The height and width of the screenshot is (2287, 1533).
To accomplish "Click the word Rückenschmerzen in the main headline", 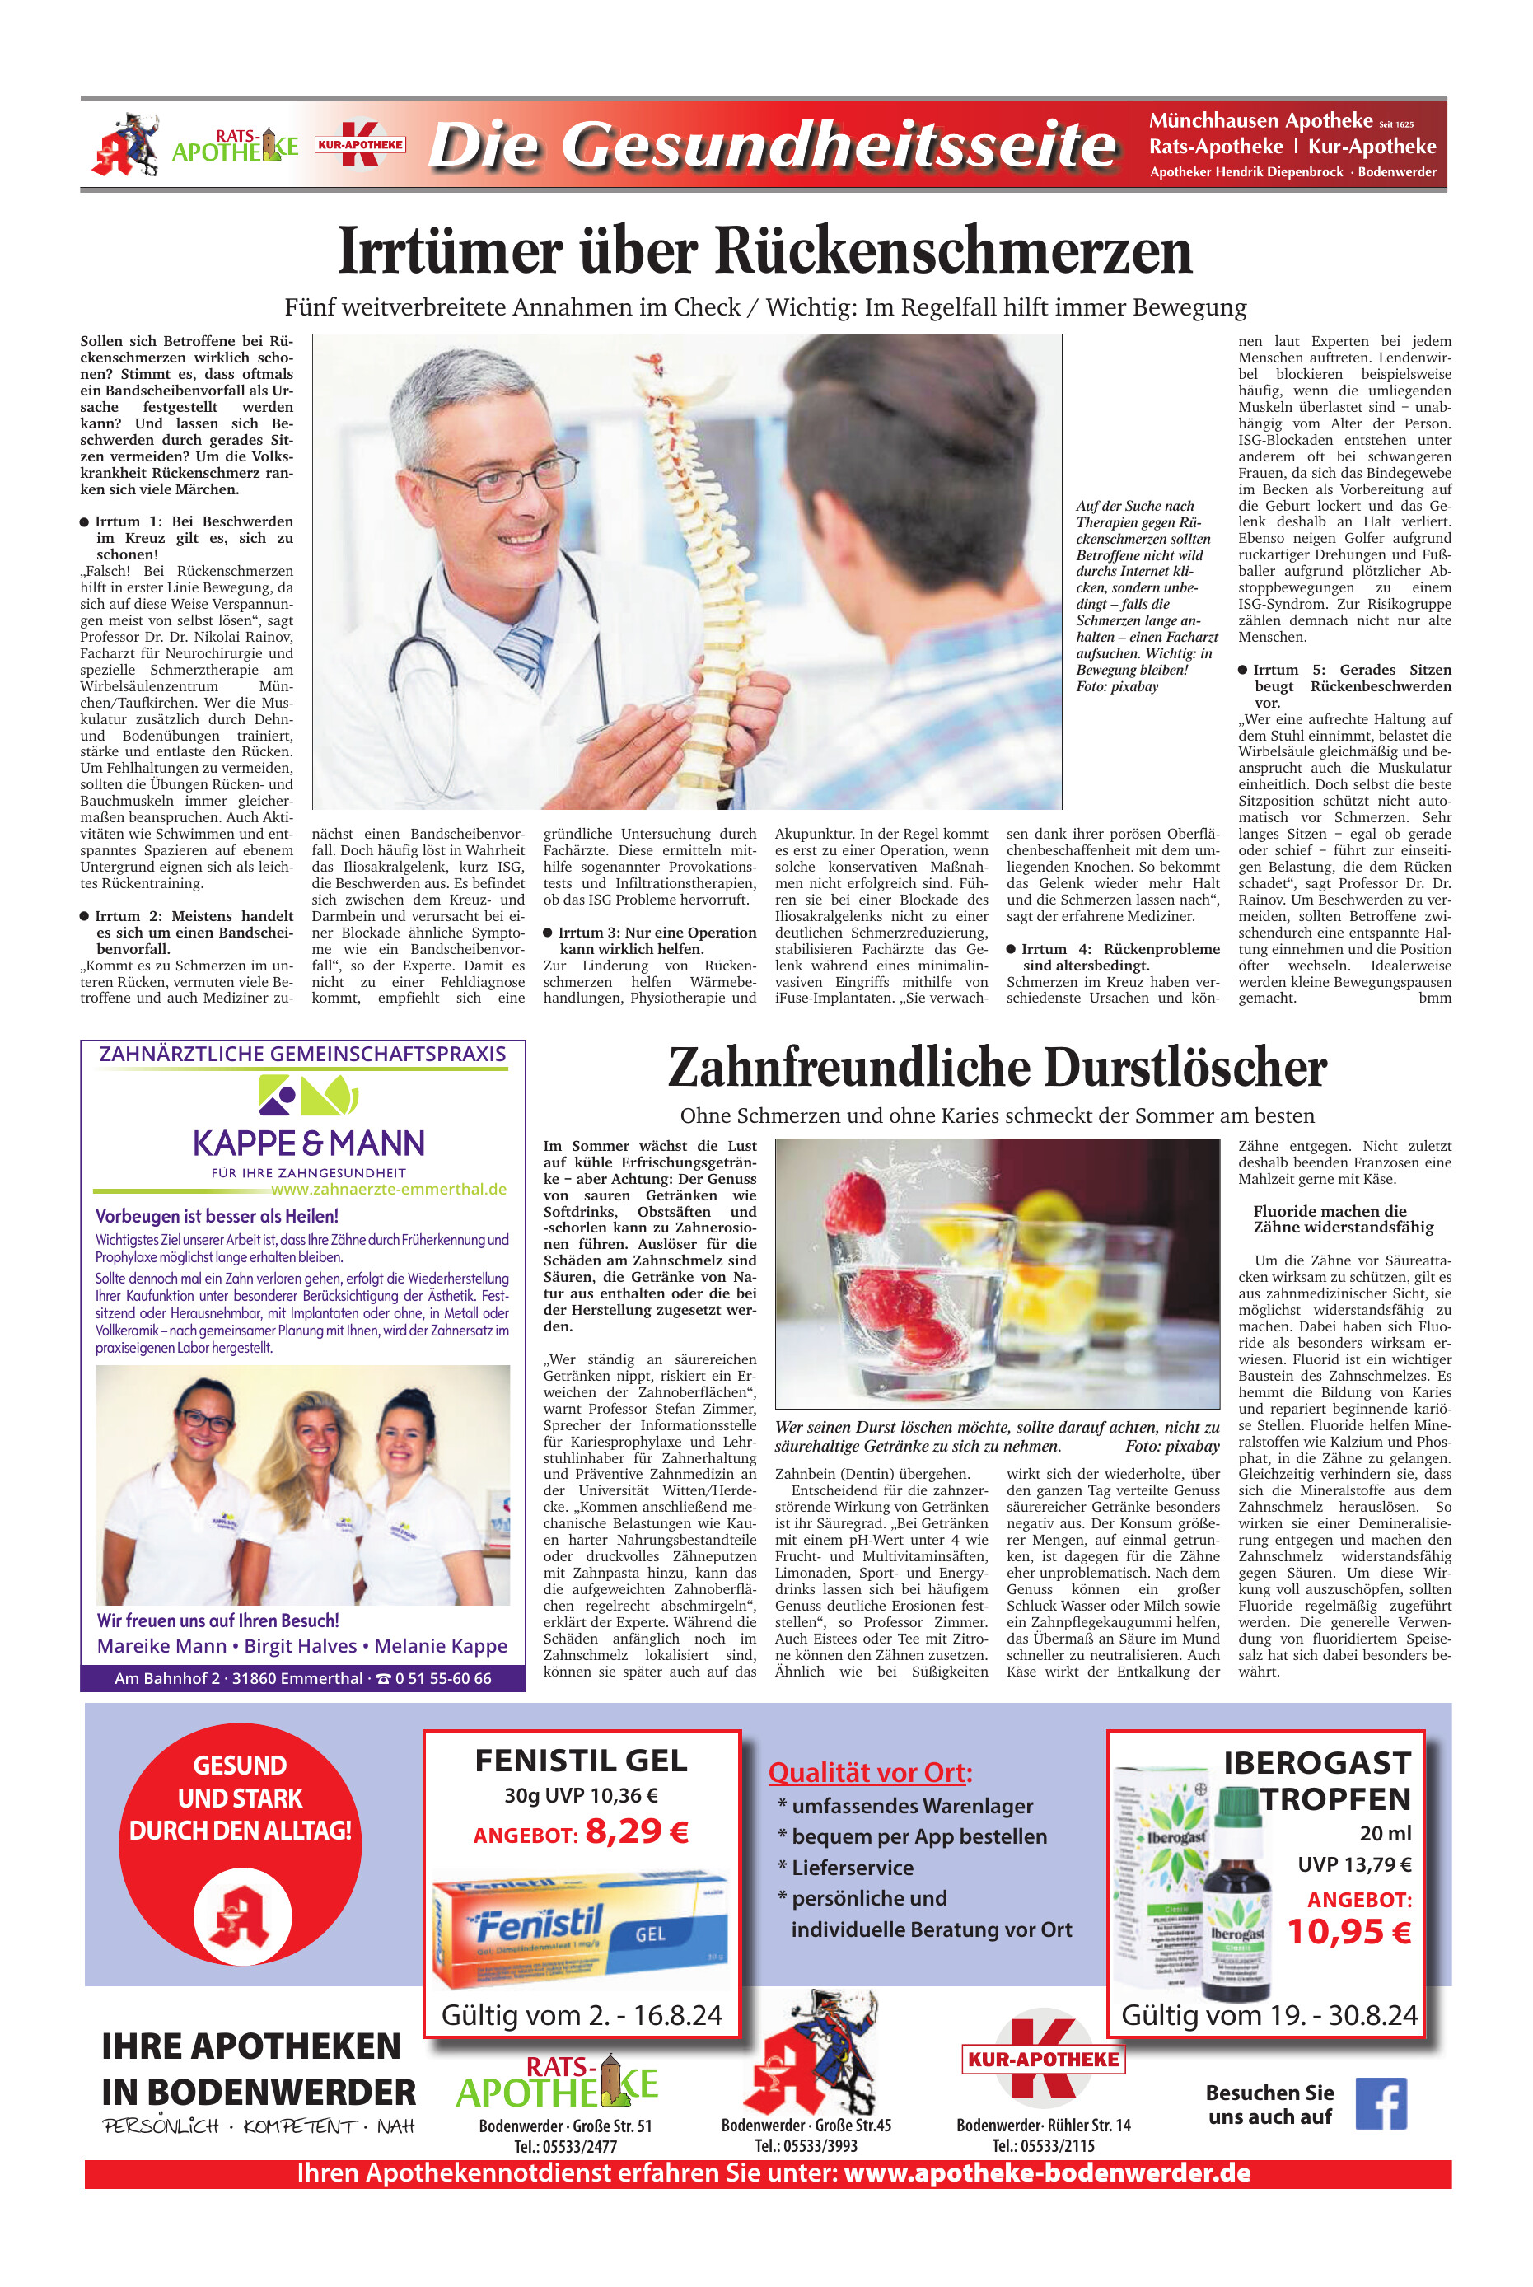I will pyautogui.click(x=954, y=251).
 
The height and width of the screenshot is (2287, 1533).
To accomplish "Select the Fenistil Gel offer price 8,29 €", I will pyautogui.click(x=637, y=1831).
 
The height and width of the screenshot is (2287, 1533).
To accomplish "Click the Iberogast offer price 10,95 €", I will pyautogui.click(x=1348, y=1931).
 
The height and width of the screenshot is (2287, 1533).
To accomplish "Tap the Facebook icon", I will pyautogui.click(x=1381, y=2103).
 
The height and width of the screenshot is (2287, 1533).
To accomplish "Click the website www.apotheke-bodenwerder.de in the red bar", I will pyautogui.click(x=1046, y=2172).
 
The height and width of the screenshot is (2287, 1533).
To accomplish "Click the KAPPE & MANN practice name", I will pyautogui.click(x=308, y=1143).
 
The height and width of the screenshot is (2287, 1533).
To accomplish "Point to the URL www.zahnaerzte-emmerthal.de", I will pyautogui.click(x=388, y=1189).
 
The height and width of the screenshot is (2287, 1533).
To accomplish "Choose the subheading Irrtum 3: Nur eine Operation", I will pyautogui.click(x=649, y=941).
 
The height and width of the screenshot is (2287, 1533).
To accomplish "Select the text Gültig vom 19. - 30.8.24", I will pyautogui.click(x=1268, y=2015).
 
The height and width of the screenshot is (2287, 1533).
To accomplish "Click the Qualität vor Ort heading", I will pyautogui.click(x=869, y=1773).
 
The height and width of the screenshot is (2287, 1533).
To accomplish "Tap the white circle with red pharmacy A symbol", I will pyautogui.click(x=241, y=1917).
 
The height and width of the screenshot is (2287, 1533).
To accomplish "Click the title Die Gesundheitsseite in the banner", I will pyautogui.click(x=773, y=146).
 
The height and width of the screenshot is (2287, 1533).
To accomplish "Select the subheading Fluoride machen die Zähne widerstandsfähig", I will pyautogui.click(x=1344, y=1219).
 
